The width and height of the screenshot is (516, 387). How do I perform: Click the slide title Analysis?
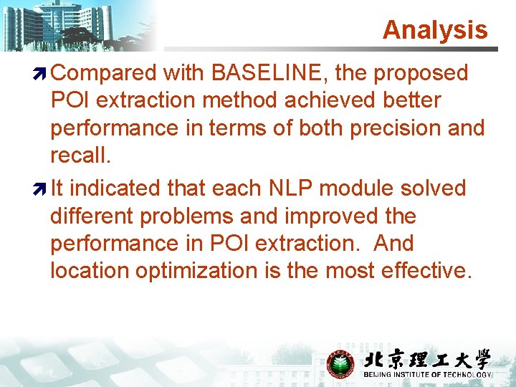tap(434, 30)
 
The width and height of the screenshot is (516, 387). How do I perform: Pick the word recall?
tap(77, 156)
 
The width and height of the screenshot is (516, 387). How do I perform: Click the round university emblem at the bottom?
tap(340, 363)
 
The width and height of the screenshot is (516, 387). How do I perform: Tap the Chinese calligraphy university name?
tap(427, 359)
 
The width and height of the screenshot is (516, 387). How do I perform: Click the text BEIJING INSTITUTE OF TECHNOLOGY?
tap(428, 375)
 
